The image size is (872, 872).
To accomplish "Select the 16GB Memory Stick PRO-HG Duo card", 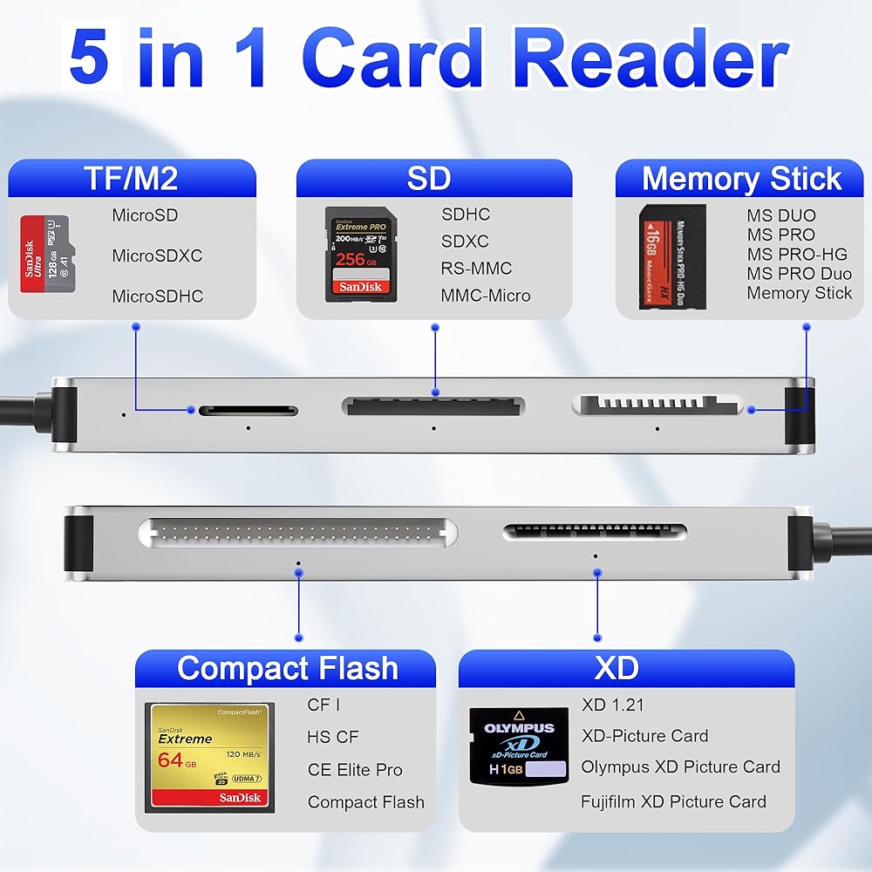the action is pos(672,256).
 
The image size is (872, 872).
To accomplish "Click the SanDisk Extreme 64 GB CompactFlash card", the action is pos(209,757).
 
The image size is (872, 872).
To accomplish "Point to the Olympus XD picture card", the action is pos(519,743).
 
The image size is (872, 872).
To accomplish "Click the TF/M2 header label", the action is pos(131,178).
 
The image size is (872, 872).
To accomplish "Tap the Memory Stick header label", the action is pos(741,178).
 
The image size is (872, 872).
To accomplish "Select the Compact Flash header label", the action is pos(287,669).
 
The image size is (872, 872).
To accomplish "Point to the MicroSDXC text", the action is pos(157,255).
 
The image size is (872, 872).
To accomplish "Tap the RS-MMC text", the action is pos(476,269).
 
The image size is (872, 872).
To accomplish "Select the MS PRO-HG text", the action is pos(798,254).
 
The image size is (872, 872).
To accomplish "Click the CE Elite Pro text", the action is pos(355,770).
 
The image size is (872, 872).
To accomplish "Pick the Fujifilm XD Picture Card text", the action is pos(673,801).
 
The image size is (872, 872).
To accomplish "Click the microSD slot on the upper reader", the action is pos(248,410).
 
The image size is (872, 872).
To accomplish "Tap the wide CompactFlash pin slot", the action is pos(297,530).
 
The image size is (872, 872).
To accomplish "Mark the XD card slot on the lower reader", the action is pos(595,530).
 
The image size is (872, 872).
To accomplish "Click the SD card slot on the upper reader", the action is pos(433,405).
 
